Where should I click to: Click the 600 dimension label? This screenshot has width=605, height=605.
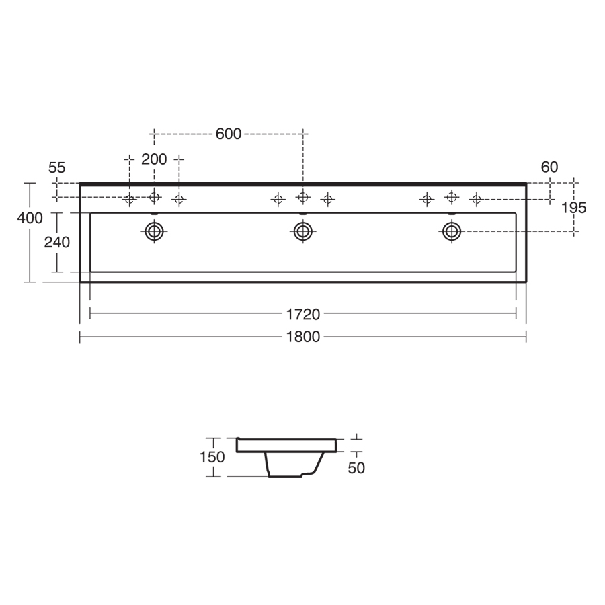click(229, 134)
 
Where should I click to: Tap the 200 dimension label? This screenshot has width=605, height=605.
click(154, 159)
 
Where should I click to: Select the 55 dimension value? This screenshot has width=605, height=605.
click(57, 168)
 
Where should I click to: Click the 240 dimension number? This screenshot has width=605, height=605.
click(57, 242)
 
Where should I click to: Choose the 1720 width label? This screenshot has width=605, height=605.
click(302, 313)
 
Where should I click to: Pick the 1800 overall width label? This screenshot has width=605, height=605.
click(302, 337)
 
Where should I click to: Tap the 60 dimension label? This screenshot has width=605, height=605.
click(549, 167)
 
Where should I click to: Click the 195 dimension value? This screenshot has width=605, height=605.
click(573, 208)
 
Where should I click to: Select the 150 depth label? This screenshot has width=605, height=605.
click(212, 457)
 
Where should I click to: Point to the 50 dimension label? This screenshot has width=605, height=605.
click(356, 468)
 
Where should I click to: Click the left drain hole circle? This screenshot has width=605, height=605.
click(155, 232)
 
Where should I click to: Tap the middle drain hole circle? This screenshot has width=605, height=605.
click(302, 232)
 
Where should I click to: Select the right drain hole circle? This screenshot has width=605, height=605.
click(451, 232)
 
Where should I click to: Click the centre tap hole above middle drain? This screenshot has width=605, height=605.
click(302, 196)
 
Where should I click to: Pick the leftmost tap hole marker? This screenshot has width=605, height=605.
click(130, 199)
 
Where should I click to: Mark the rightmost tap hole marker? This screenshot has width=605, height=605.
click(476, 199)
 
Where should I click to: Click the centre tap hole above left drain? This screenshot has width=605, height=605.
click(155, 196)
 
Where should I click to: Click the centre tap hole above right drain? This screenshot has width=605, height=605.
click(451, 196)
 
